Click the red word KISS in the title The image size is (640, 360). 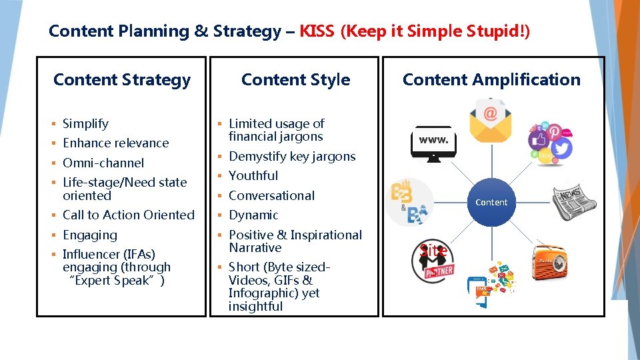(x=317, y=31)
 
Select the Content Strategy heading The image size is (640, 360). (x=122, y=80)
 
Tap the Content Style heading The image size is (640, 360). (x=295, y=80)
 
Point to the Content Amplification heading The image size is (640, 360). (x=491, y=80)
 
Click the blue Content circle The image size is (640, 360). (x=491, y=202)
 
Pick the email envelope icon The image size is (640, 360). (x=491, y=119)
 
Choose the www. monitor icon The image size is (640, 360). (x=433, y=142)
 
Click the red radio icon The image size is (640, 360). (x=551, y=265)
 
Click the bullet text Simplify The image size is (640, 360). (x=85, y=123)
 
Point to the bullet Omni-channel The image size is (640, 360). (x=103, y=163)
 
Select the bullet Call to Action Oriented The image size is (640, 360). (x=129, y=215)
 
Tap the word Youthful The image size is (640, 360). (x=253, y=175)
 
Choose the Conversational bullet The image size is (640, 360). (x=271, y=195)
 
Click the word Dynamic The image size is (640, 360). (x=253, y=215)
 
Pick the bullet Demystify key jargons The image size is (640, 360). (x=292, y=156)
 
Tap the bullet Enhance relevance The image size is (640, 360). (x=116, y=143)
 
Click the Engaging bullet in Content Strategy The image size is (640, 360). (x=90, y=235)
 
